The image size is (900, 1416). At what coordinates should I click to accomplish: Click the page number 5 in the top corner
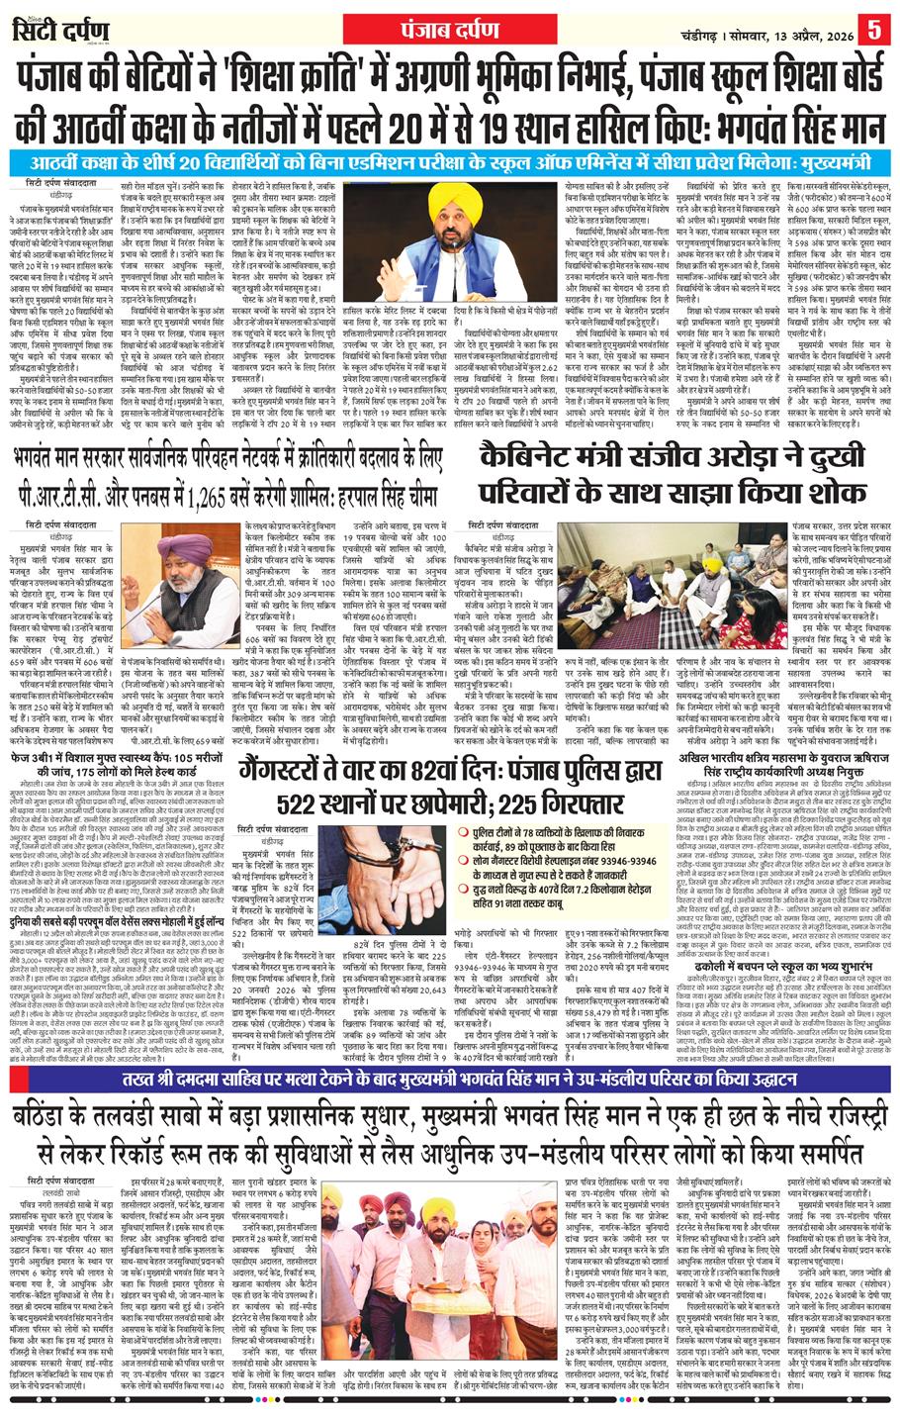point(874,26)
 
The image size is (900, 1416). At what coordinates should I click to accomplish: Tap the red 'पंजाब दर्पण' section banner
point(449,24)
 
